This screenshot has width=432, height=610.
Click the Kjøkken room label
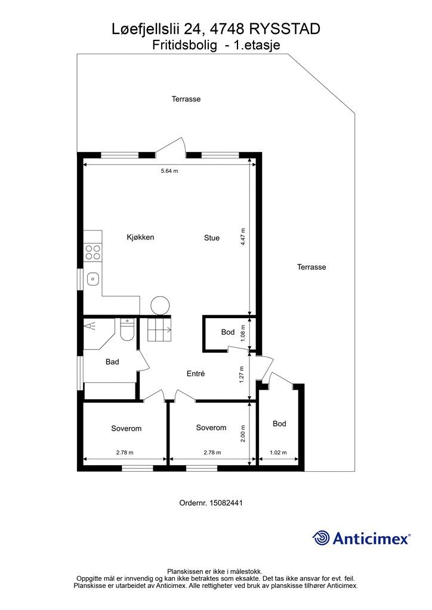pyautogui.click(x=140, y=237)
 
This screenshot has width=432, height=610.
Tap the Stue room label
pyautogui.click(x=212, y=238)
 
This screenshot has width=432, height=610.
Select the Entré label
pyautogui.click(x=196, y=374)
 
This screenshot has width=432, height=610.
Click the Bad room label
pyautogui.click(x=112, y=362)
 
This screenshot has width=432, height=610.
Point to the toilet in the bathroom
pyautogui.click(x=127, y=330)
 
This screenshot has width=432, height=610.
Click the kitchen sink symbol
pyautogui.click(x=93, y=278)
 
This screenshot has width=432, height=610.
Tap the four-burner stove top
pyautogui.click(x=93, y=252)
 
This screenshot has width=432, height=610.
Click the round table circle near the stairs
pyautogui.click(x=161, y=306)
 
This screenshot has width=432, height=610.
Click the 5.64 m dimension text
pyautogui.click(x=169, y=170)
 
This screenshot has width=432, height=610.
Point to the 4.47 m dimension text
pyautogui.click(x=243, y=236)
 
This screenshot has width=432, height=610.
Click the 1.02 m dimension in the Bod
pyautogui.click(x=278, y=453)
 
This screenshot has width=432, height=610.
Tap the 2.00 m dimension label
pyautogui.click(x=243, y=434)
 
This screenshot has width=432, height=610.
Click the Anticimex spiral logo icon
pyautogui.click(x=321, y=538)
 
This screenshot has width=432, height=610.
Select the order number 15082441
pyautogui.click(x=226, y=503)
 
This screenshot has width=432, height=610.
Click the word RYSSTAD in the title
pyautogui.click(x=285, y=29)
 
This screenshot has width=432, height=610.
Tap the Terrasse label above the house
pyautogui.click(x=186, y=99)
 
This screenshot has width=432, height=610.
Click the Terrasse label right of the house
pyautogui.click(x=311, y=267)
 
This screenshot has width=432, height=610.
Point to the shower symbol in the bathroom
pyautogui.click(x=91, y=326)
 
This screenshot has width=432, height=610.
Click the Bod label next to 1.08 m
pyautogui.click(x=228, y=332)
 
